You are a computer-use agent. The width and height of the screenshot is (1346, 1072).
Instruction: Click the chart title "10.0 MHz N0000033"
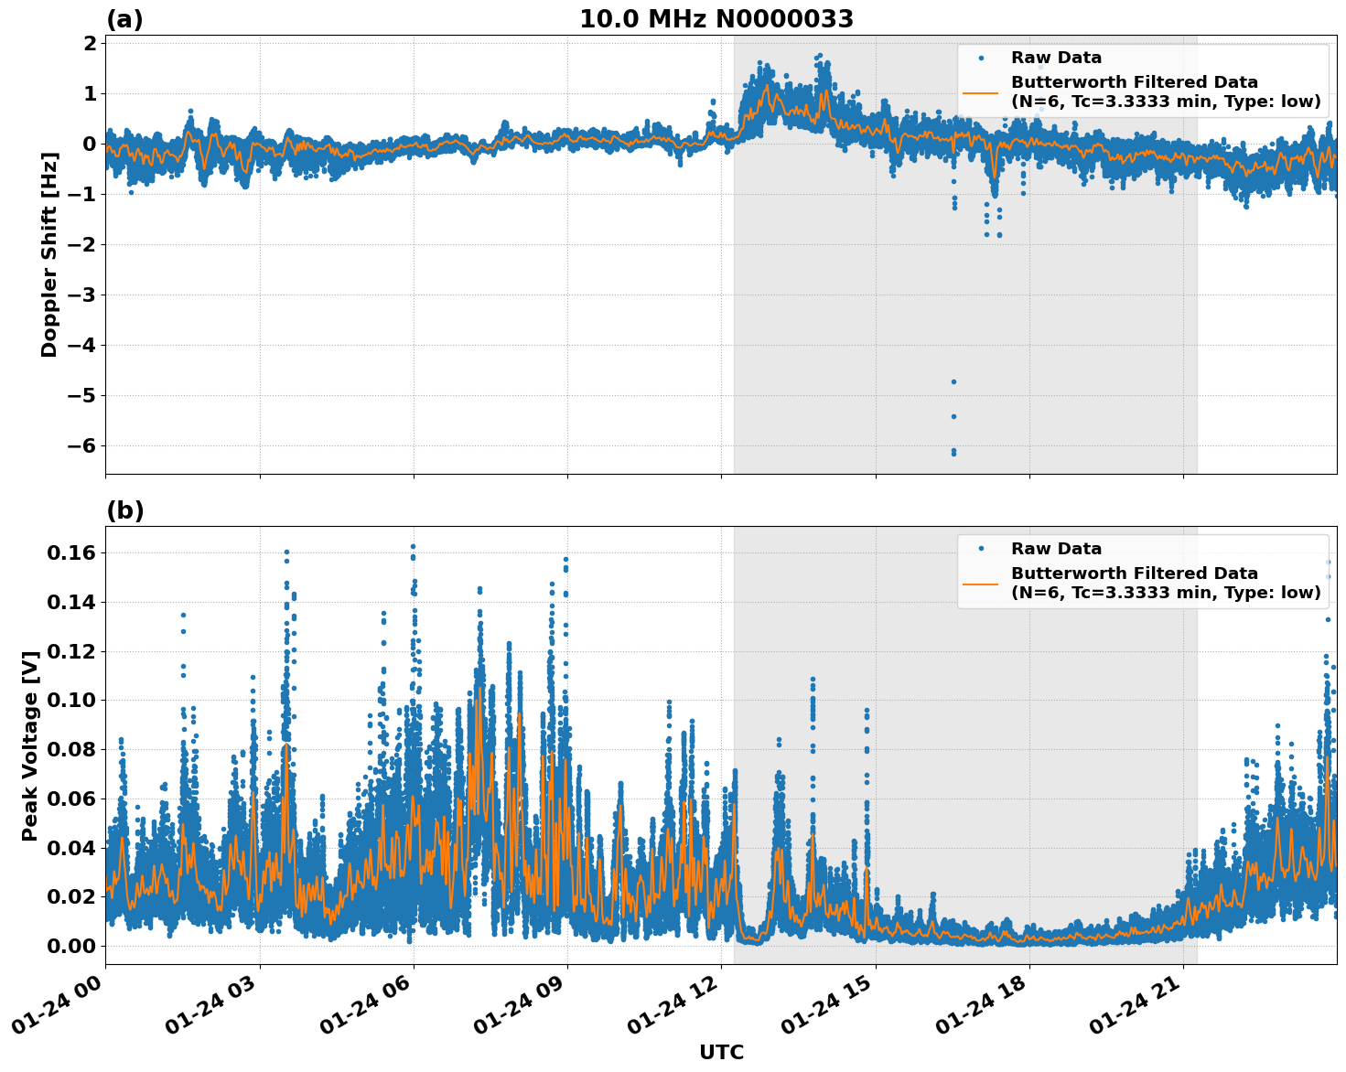coord(716,19)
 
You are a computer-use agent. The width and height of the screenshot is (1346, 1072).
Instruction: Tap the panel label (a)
coord(124,19)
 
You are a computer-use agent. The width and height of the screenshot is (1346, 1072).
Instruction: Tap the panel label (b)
coord(124,510)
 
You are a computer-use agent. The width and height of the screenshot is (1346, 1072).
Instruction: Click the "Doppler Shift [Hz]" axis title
coord(49,254)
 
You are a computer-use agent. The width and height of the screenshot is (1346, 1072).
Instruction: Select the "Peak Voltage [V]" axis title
coord(30,745)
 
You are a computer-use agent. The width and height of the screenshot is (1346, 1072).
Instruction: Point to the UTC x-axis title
coord(721,1052)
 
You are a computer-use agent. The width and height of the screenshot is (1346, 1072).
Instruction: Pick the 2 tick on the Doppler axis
coord(90,44)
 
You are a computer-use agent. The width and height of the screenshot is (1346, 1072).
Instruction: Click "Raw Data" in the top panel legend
coord(1056,58)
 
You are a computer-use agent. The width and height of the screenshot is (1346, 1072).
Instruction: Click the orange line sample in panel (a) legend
coord(980,91)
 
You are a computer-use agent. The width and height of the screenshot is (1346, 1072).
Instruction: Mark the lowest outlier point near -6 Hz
coord(953,453)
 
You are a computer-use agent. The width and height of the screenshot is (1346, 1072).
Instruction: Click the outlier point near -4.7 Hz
coord(953,381)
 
